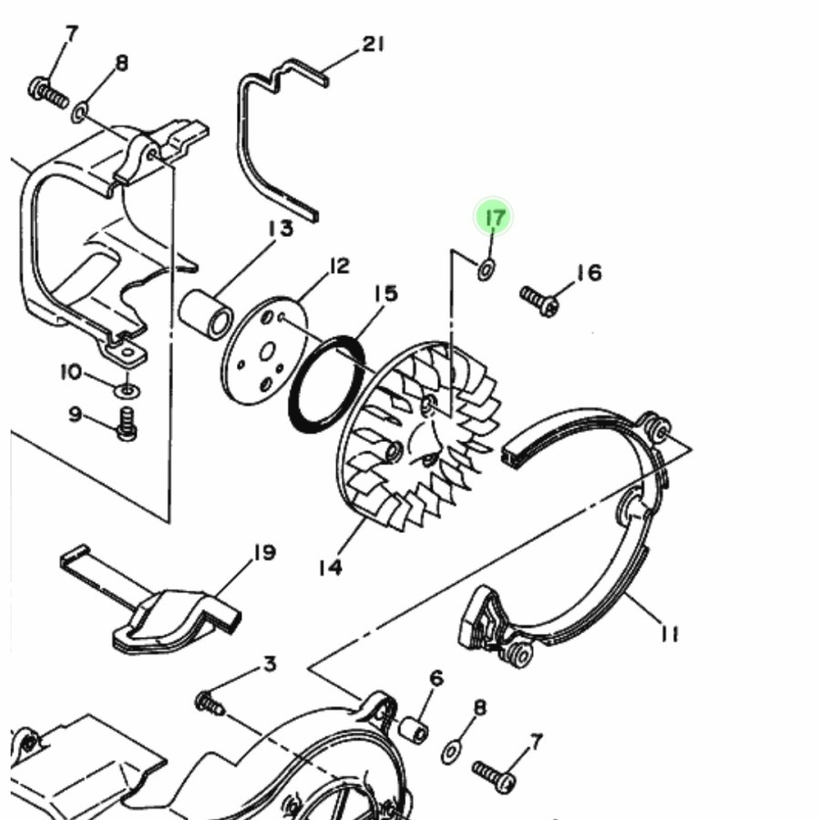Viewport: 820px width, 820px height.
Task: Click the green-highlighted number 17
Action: [494, 218]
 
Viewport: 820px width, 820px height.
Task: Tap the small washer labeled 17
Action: [487, 269]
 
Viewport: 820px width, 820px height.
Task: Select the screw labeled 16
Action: [539, 302]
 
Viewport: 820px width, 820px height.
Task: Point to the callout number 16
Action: [589, 272]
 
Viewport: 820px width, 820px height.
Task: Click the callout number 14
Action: [330, 568]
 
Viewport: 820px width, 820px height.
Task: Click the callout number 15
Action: [385, 294]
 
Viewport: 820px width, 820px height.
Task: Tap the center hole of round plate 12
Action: [266, 351]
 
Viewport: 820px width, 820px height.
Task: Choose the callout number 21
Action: [374, 44]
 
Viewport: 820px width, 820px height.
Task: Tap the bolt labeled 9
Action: [127, 423]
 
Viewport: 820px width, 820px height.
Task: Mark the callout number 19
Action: [263, 552]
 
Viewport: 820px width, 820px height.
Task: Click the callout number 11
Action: [670, 633]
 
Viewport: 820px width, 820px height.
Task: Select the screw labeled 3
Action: [210, 703]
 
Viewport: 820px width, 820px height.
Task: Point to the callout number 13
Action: [281, 229]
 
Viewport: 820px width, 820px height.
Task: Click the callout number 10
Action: [72, 373]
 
